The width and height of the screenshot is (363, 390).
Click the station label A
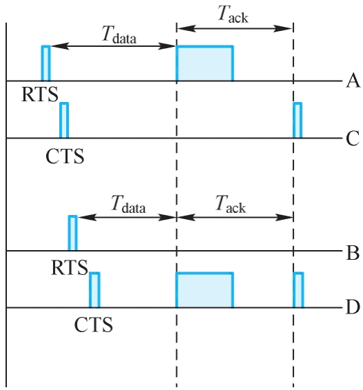(x=353, y=81)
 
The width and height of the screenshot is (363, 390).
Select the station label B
(x=353, y=253)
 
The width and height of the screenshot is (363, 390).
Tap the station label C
(x=353, y=138)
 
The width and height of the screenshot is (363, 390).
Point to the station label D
(x=353, y=307)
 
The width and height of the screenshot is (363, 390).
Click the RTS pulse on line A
(x=45, y=63)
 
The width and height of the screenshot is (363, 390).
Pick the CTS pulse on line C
(x=64, y=120)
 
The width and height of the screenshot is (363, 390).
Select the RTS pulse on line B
(x=72, y=233)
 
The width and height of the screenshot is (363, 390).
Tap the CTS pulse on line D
(x=95, y=290)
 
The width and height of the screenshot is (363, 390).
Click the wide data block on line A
(x=205, y=63)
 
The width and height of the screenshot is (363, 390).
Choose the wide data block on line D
(x=205, y=290)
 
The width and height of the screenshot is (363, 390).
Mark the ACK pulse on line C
(x=298, y=120)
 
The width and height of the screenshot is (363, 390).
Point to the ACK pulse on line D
(x=298, y=290)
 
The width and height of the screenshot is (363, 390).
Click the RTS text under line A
(x=40, y=94)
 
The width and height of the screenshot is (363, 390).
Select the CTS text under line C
(x=65, y=156)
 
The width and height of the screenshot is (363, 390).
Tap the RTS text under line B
(x=70, y=267)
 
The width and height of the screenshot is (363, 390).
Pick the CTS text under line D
(x=94, y=325)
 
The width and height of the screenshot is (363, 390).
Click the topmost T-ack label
(x=234, y=14)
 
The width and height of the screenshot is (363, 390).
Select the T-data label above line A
(x=119, y=35)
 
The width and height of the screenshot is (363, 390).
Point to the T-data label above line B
(x=128, y=204)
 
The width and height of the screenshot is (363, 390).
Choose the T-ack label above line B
(x=231, y=204)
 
